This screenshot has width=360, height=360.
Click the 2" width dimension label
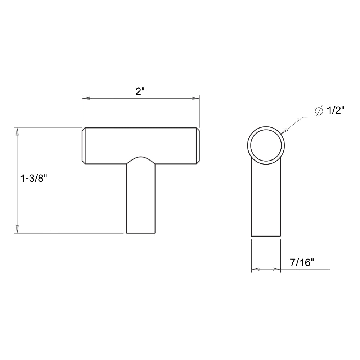tap(140, 91)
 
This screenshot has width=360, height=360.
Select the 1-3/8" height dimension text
tap(34, 179)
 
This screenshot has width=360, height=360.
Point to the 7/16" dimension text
tap(302, 263)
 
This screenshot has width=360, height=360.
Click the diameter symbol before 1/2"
tap(319, 111)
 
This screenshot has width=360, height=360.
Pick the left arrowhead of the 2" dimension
tap(86, 98)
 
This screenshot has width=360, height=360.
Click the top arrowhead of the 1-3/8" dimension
tap(17, 131)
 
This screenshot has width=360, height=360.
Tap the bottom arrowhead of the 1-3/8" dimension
tap(17, 229)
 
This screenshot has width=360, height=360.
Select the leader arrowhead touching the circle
tap(284, 131)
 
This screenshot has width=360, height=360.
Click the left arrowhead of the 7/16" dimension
tap(255, 269)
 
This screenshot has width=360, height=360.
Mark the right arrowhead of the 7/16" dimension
tap(277, 269)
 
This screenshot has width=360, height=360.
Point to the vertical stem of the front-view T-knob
tap(141, 202)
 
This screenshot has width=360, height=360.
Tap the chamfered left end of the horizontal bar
tap(84, 146)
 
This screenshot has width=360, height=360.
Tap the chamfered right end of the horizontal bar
tap(198, 146)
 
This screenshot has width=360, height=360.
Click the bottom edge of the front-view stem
tap(141, 233)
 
